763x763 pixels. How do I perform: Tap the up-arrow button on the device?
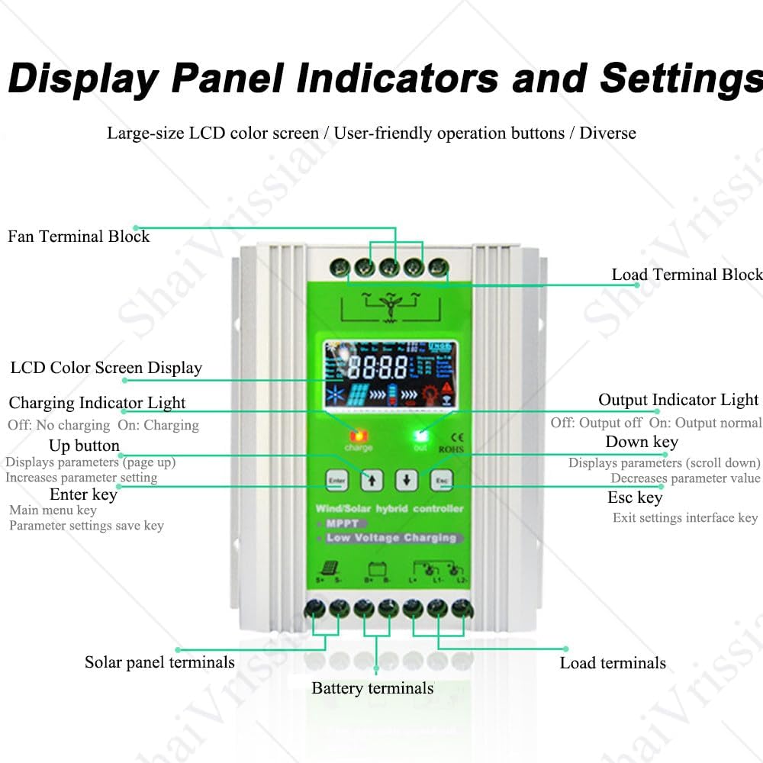[371, 479]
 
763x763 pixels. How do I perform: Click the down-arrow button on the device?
[407, 479]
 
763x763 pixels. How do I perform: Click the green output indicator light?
[420, 436]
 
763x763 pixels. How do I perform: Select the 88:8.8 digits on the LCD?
[378, 368]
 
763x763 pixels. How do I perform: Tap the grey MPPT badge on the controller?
[343, 523]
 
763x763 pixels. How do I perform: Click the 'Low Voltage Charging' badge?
[391, 538]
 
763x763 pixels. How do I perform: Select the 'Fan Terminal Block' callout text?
[79, 237]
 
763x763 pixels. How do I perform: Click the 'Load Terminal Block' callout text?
[687, 275]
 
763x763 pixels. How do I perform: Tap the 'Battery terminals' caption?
[372, 688]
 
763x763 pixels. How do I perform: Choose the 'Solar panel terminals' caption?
[159, 662]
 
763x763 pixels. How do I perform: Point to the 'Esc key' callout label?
[635, 497]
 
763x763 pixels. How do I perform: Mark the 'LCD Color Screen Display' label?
[106, 368]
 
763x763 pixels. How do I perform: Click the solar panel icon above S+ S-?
[327, 568]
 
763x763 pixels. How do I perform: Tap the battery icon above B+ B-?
[375, 568]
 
